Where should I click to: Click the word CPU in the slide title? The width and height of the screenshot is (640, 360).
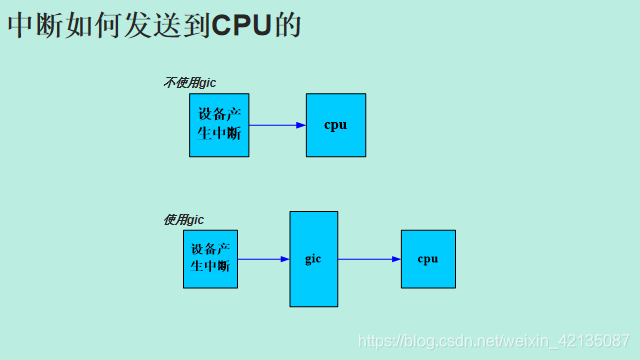(x=243, y=25)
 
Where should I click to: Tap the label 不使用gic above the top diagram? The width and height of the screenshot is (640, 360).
(x=189, y=82)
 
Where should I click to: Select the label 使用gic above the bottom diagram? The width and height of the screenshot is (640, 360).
(x=183, y=219)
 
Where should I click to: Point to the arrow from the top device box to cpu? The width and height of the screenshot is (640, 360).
(x=275, y=125)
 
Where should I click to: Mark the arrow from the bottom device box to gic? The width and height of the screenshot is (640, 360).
(x=262, y=259)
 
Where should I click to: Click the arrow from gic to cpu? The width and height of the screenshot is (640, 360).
(x=368, y=259)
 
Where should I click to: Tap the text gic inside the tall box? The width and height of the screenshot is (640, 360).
(x=313, y=259)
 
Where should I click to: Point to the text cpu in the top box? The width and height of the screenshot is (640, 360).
(x=336, y=125)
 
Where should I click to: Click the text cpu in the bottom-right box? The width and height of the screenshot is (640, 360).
(x=428, y=259)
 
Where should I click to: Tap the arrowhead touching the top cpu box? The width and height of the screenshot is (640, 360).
(x=301, y=125)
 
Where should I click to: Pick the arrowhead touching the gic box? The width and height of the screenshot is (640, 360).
(x=285, y=259)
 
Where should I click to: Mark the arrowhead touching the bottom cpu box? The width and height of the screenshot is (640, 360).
(x=396, y=259)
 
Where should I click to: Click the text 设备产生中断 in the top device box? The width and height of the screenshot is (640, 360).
(x=219, y=123)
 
